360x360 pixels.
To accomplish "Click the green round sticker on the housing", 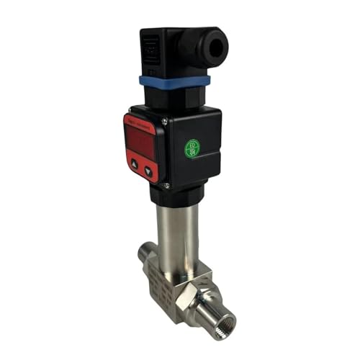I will click(192, 148).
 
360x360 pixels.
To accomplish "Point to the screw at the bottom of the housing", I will click(167, 186).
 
